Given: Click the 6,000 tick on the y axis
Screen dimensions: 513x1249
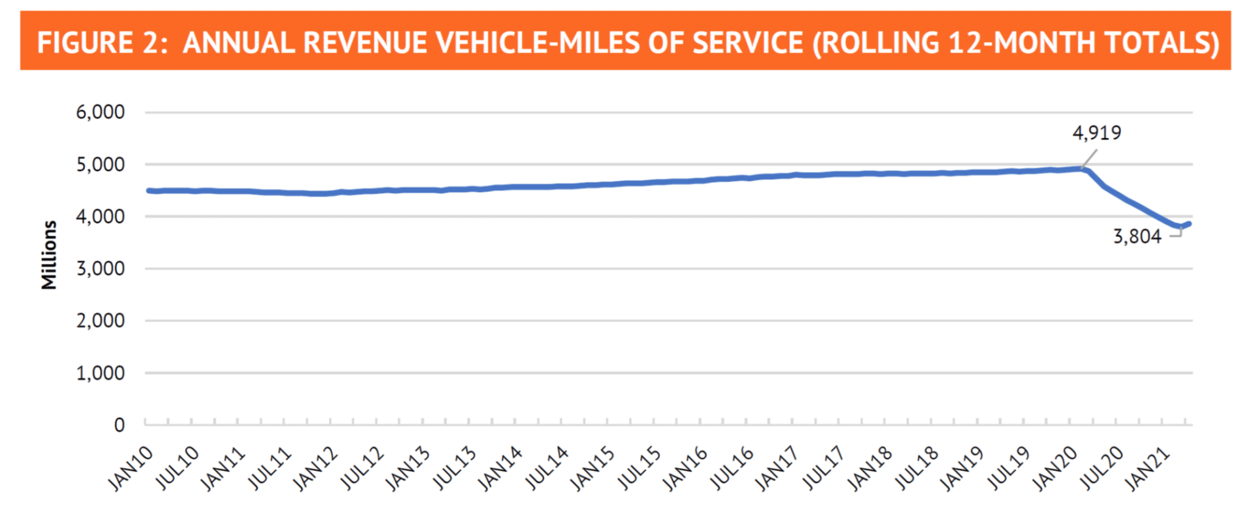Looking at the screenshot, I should pyautogui.click(x=100, y=112).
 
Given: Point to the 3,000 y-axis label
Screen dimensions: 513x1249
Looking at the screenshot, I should pyautogui.click(x=100, y=268).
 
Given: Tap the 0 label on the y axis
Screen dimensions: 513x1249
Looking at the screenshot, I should pyautogui.click(x=119, y=425).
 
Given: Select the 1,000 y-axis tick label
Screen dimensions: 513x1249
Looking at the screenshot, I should pyautogui.click(x=100, y=373).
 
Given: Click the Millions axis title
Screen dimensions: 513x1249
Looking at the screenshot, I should pyautogui.click(x=49, y=255).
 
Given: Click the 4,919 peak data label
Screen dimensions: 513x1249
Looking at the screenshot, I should pyautogui.click(x=1097, y=133).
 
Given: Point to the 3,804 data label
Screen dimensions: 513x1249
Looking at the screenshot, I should pyautogui.click(x=1137, y=236).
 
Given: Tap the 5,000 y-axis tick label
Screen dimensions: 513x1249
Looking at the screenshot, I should pyautogui.click(x=100, y=165).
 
